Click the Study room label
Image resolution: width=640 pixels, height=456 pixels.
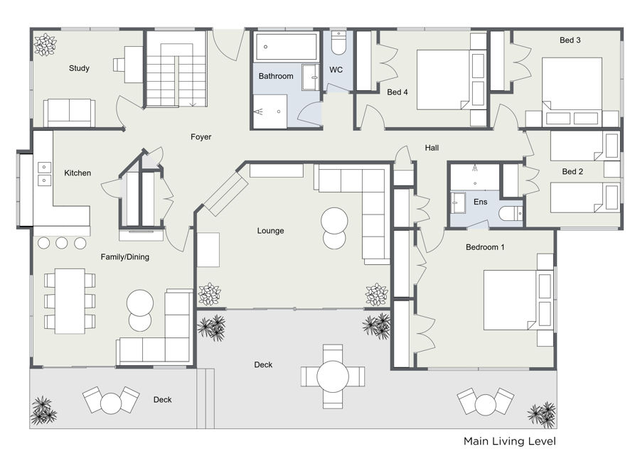tap(79, 68)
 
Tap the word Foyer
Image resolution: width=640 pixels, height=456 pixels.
tap(201, 137)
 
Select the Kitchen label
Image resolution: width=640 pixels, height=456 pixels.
tap(78, 173)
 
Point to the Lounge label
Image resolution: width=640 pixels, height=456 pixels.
tap(270, 231)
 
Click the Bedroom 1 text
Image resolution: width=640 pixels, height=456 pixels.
tap(485, 247)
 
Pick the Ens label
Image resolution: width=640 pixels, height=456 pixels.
tap(481, 202)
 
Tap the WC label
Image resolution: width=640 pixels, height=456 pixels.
tap(336, 70)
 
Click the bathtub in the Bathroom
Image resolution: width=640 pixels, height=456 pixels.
tap(286, 48)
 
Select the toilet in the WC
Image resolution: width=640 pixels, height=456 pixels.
tap(338, 43)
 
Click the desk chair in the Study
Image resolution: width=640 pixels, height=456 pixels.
tap(119, 65)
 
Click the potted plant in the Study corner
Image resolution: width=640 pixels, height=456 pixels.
tap(45, 45)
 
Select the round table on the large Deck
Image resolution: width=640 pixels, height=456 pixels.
tap(333, 376)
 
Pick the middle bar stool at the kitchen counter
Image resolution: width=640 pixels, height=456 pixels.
tap(62, 244)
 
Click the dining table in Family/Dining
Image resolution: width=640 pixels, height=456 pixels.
tap(70, 301)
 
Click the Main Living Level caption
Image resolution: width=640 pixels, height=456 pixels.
tap(509, 441)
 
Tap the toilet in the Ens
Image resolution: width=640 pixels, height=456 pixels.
tap(511, 213)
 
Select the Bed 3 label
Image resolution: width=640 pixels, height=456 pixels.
tap(570, 40)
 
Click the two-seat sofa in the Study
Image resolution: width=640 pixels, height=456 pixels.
tap(70, 113)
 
